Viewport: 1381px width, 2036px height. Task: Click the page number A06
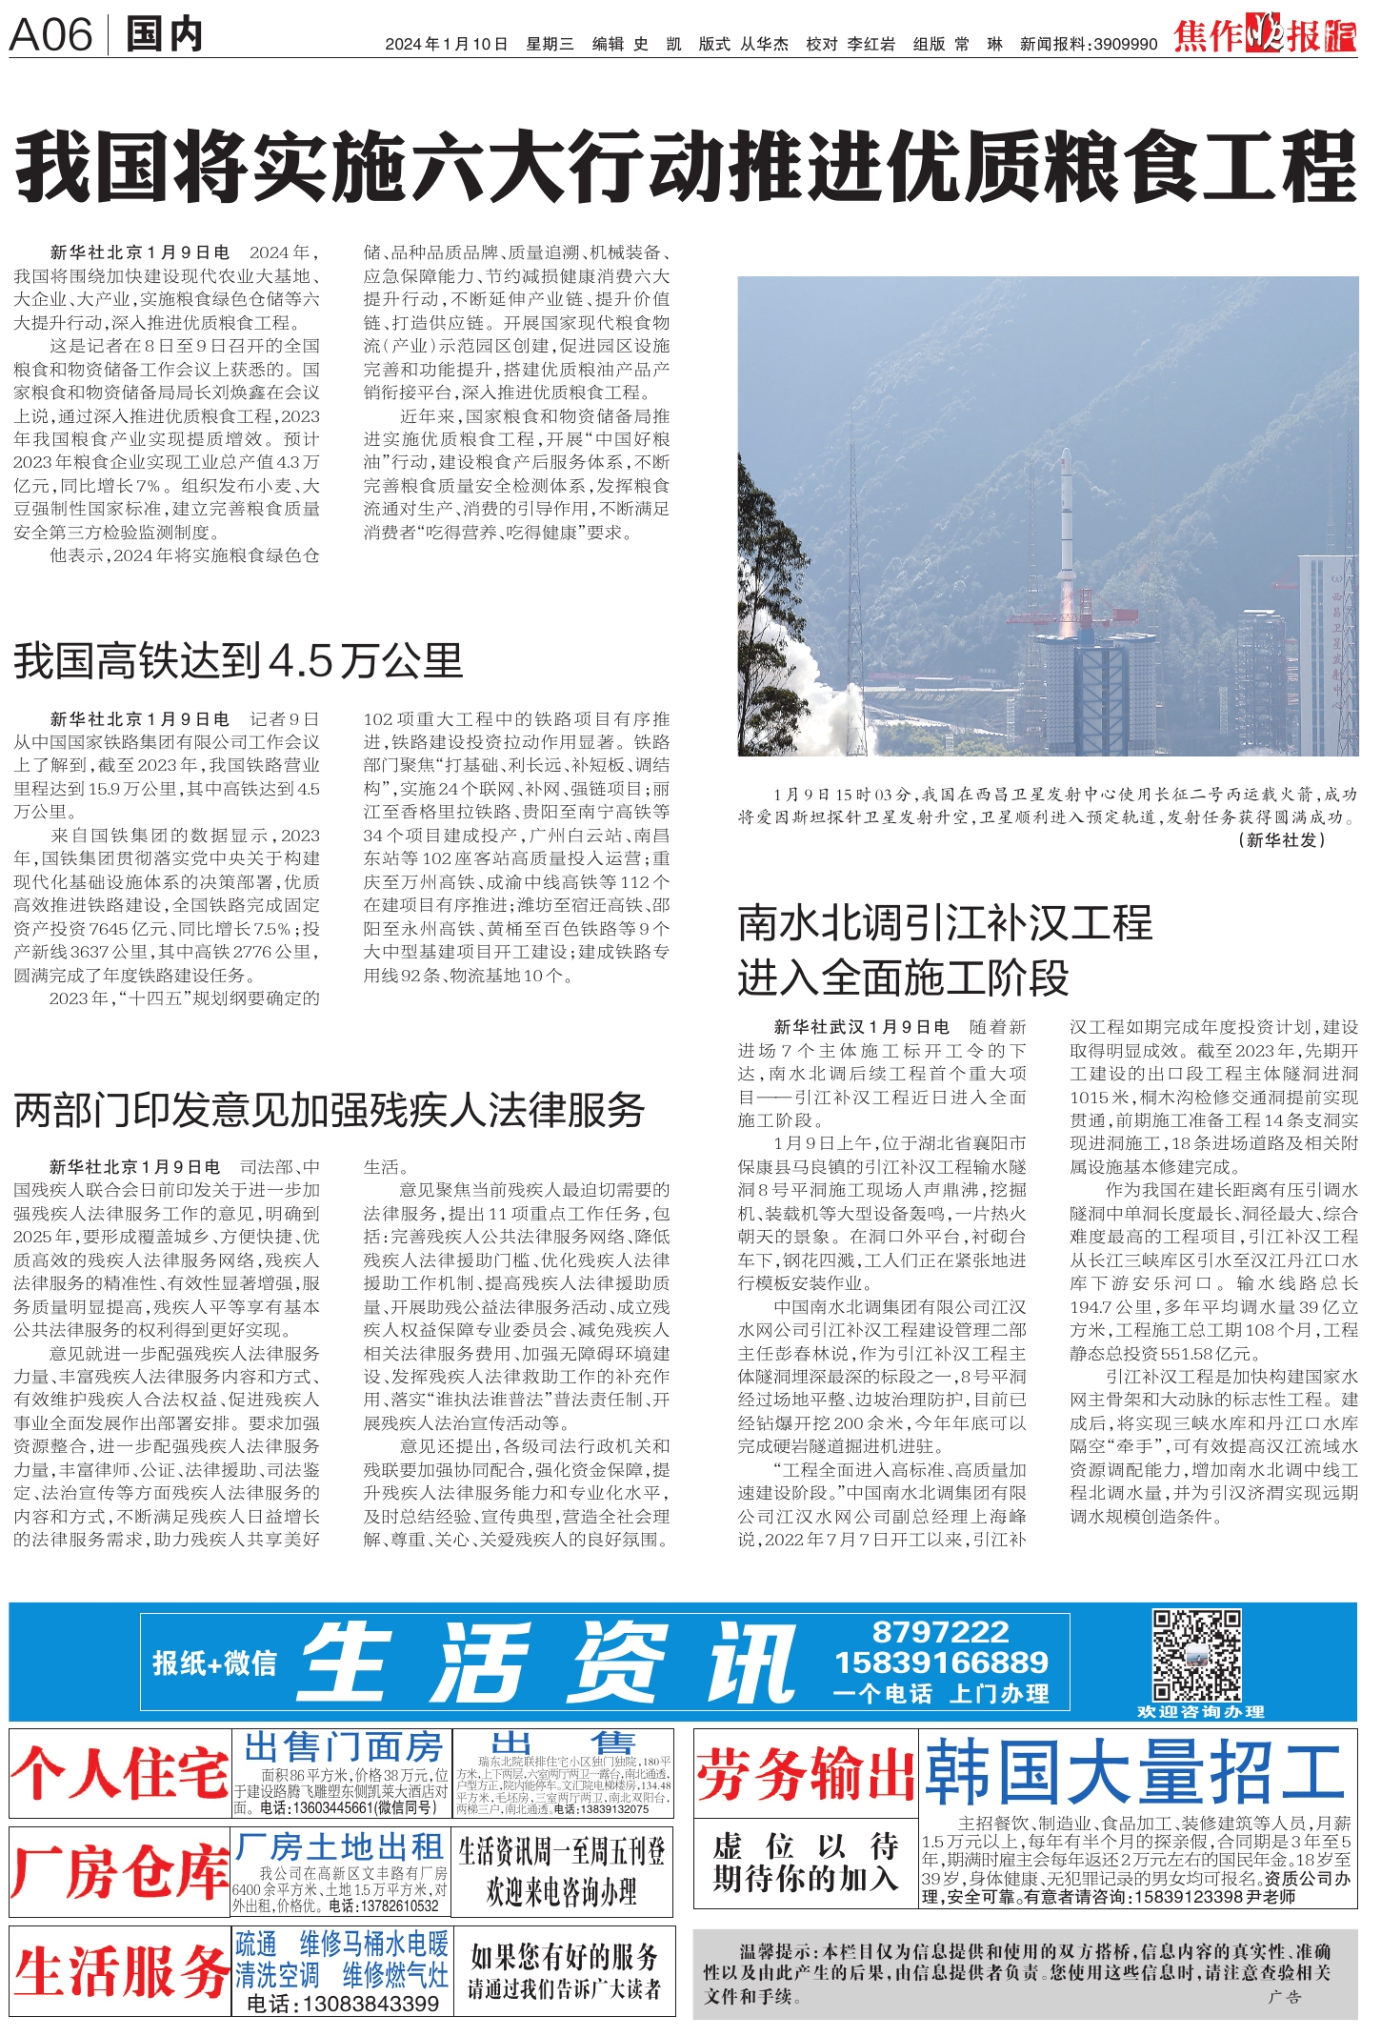[x=50, y=35]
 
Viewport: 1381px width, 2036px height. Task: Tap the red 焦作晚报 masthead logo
[x=1264, y=35]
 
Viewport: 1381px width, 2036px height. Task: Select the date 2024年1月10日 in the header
[x=446, y=44]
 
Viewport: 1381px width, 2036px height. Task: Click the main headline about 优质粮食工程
[x=686, y=168]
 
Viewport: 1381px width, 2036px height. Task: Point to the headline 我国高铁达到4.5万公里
[x=238, y=660]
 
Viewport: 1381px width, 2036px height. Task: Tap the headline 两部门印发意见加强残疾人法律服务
[x=330, y=1110]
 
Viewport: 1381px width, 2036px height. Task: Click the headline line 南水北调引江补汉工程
[x=945, y=923]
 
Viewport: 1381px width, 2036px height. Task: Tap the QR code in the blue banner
[x=1196, y=1655]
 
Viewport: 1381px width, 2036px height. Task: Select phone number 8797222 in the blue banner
[x=940, y=1632]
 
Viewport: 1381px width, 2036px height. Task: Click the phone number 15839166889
[x=941, y=1663]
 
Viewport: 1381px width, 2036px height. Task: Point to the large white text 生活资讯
[x=548, y=1663]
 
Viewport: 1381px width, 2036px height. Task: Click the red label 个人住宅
[x=120, y=1774]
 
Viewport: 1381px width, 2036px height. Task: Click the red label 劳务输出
[x=805, y=1774]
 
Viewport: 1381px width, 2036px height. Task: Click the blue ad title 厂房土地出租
[x=340, y=1847]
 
